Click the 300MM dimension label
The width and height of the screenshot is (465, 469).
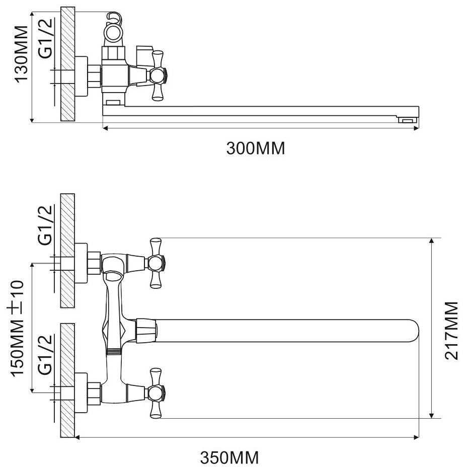[x=255, y=149]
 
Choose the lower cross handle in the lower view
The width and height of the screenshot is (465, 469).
[x=157, y=393]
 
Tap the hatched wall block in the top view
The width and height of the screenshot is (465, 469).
[x=67, y=64]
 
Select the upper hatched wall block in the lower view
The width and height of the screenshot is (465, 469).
[x=67, y=251]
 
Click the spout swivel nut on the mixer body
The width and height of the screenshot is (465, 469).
[x=146, y=331]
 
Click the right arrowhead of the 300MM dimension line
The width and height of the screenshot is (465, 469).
[x=416, y=129]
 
